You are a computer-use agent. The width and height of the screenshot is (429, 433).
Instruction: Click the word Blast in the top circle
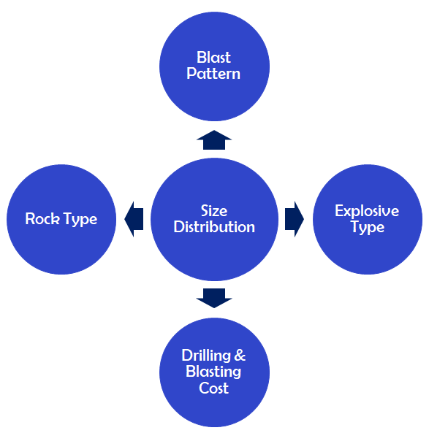point(213,57)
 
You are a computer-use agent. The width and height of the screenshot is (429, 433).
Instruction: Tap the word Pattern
point(213,74)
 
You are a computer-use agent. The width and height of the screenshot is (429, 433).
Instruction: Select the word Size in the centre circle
point(214,211)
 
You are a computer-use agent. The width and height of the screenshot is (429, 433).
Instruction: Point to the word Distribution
point(214,227)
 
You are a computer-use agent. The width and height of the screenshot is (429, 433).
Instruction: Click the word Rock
point(42,219)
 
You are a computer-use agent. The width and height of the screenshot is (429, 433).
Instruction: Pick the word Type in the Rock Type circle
point(80,220)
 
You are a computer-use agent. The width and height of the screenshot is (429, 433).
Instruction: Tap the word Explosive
point(367,211)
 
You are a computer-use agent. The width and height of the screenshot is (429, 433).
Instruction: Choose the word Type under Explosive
point(368,228)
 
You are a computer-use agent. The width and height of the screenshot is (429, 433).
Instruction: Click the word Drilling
point(206,356)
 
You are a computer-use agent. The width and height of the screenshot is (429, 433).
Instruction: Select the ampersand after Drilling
point(240,356)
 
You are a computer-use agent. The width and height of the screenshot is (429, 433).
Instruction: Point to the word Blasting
point(213,372)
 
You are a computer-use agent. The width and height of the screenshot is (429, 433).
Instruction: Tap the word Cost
point(213,388)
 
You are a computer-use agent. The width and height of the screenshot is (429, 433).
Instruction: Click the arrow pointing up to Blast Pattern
point(214,140)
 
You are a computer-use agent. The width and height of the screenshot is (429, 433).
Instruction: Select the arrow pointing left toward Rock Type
point(134,219)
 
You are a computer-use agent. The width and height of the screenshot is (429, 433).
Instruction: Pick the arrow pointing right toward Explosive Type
point(295,219)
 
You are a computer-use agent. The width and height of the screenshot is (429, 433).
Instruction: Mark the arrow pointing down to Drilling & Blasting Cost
point(214,298)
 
